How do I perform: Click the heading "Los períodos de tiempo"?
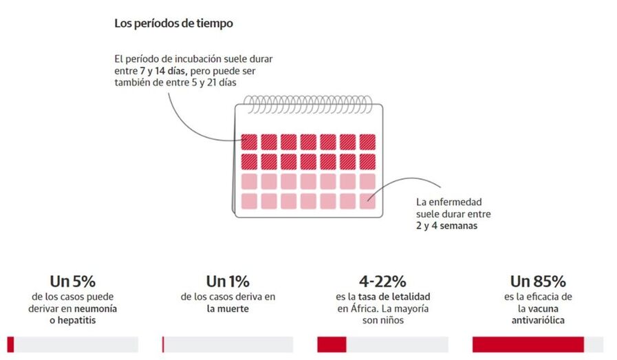[x=173, y=23]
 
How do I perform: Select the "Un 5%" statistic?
[x=72, y=281]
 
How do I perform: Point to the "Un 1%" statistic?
[x=227, y=281]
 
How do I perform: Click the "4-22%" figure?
[x=382, y=281]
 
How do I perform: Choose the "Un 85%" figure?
[x=538, y=281]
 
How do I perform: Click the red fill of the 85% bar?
[x=528, y=344]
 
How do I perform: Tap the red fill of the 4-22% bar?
[x=332, y=344]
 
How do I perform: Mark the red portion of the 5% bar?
[x=10, y=344]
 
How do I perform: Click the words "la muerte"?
[x=227, y=309]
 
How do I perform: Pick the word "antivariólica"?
[x=538, y=321]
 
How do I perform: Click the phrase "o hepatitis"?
[x=72, y=321]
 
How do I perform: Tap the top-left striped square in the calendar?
[x=250, y=142]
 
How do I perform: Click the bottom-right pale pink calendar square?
[x=367, y=201]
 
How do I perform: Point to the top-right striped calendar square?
[x=367, y=142]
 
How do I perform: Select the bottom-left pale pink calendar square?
[x=250, y=201]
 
